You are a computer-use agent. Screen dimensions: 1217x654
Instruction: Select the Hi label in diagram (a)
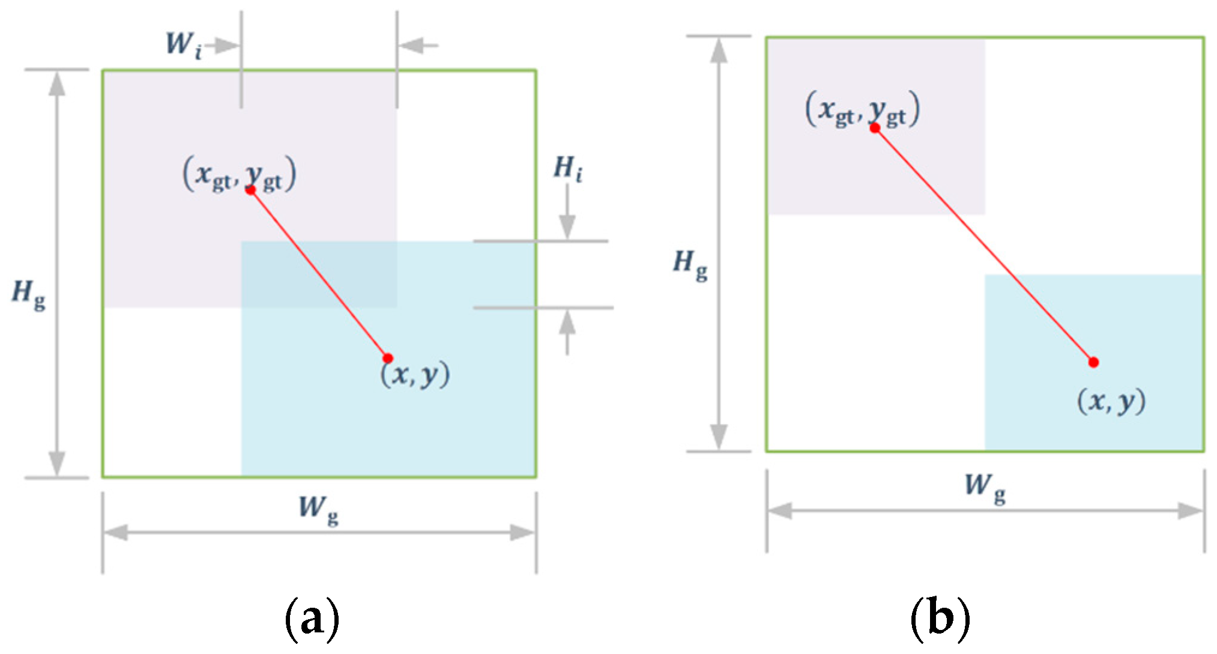pos(567,169)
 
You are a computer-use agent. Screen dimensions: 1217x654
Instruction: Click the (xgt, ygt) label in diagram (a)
pos(239,174)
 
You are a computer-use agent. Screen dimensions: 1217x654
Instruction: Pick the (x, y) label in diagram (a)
pos(415,374)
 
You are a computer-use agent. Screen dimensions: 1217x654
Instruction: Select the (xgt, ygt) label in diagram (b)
pos(862,109)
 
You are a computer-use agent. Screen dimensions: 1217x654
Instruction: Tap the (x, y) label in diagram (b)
pos(1111,401)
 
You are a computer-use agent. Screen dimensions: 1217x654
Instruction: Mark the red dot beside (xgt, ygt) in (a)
pos(251,190)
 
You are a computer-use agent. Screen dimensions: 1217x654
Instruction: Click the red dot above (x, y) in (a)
pos(388,358)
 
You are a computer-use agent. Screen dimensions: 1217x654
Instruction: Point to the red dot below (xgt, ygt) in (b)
pos(875,127)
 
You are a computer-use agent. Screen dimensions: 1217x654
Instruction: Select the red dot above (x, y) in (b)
pos(1093,362)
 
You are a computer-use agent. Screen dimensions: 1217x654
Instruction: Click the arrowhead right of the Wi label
pos(227,45)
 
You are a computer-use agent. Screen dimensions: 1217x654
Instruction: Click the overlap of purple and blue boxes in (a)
pos(319,274)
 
